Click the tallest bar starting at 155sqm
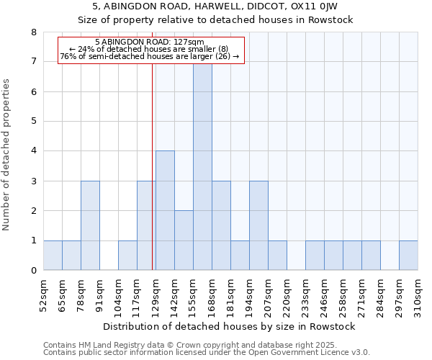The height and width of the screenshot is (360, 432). click(202, 166)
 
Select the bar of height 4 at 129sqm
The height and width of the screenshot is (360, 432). click(165, 210)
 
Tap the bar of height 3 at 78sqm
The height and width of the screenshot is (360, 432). click(90, 225)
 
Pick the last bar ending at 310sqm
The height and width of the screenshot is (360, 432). click(408, 256)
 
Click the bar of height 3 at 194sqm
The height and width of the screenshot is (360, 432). click(258, 225)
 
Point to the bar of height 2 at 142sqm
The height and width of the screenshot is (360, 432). click(184, 240)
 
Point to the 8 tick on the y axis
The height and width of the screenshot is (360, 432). click(34, 32)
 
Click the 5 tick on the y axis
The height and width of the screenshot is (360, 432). click(34, 122)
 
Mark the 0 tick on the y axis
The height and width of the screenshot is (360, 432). click(34, 271)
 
